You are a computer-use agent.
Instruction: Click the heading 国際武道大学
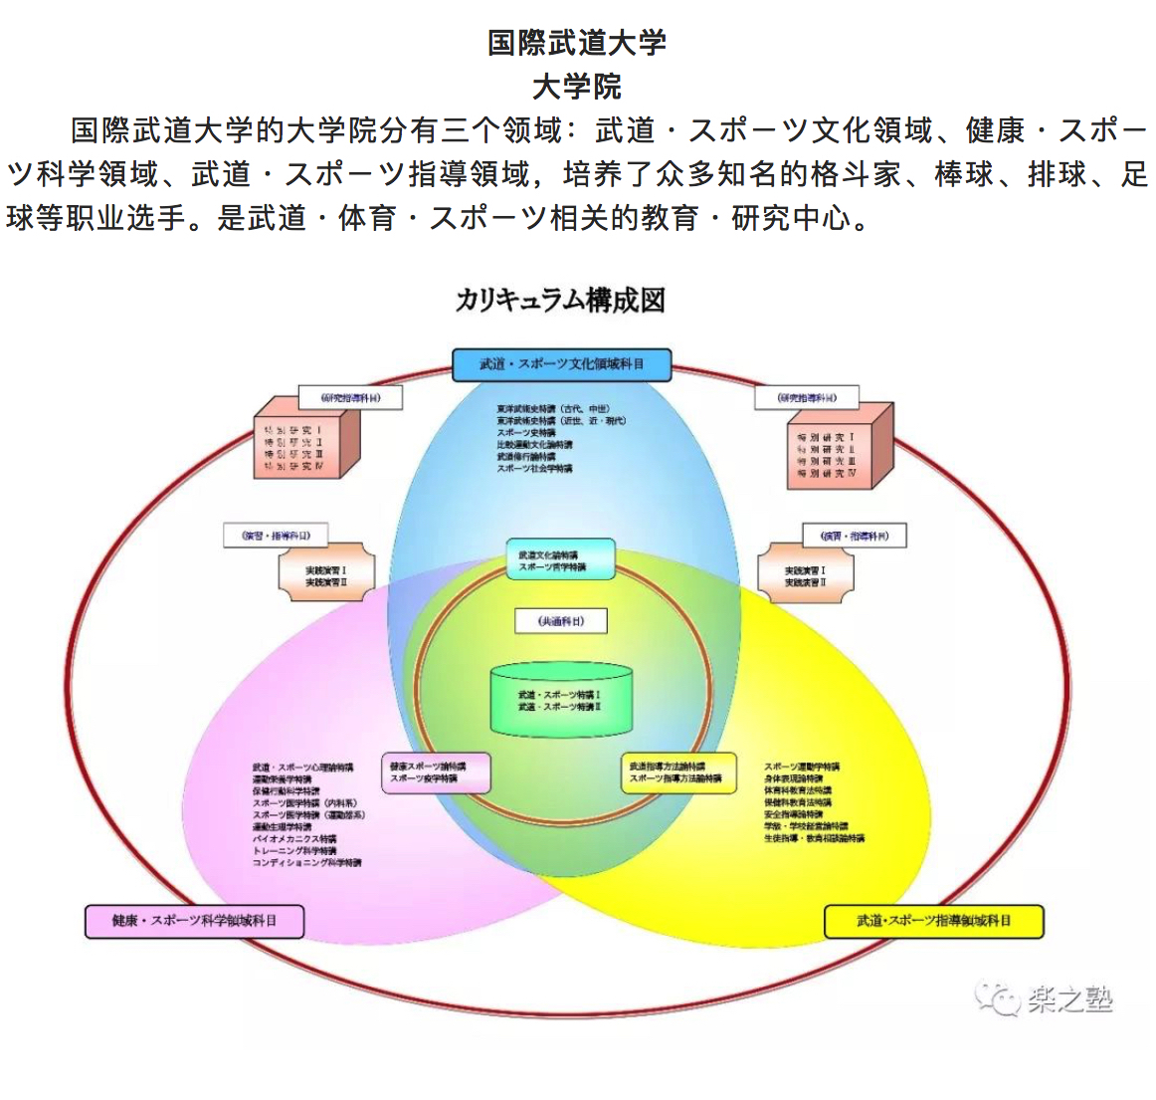click(576, 43)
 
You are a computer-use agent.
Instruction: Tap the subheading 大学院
click(576, 87)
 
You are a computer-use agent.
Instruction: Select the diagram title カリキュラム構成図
click(560, 300)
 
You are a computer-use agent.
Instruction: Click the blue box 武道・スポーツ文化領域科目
click(562, 364)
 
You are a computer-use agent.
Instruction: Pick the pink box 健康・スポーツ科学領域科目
click(195, 921)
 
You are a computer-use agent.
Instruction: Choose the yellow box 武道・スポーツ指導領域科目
click(933, 921)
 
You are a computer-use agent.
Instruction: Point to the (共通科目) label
click(560, 621)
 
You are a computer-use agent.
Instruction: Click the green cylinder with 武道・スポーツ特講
click(561, 700)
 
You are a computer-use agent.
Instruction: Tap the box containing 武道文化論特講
click(560, 560)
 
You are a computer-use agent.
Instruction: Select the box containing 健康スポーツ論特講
click(438, 772)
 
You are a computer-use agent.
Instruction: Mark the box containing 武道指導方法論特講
click(678, 772)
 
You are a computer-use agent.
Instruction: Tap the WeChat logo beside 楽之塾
click(998, 996)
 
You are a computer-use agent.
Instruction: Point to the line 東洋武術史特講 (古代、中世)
click(553, 409)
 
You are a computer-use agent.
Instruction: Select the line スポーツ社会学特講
click(535, 469)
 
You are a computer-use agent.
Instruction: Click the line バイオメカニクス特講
click(294, 839)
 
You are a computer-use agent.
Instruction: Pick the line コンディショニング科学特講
click(306, 863)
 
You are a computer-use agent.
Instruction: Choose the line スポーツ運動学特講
click(802, 767)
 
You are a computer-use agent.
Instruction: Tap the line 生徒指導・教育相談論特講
click(814, 838)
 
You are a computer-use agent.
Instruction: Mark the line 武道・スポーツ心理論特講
click(302, 768)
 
